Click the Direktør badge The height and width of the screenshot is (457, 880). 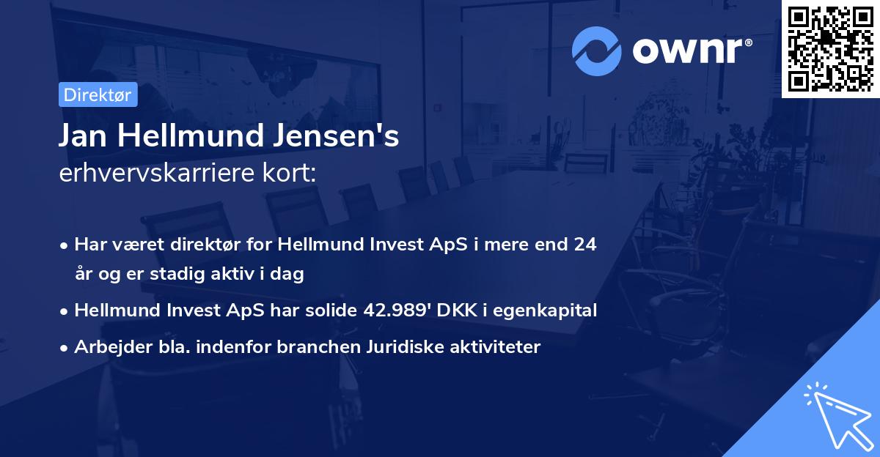coord(98,95)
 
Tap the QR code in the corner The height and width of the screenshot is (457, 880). coord(830,48)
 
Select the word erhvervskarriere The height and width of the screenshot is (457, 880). coord(158,174)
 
